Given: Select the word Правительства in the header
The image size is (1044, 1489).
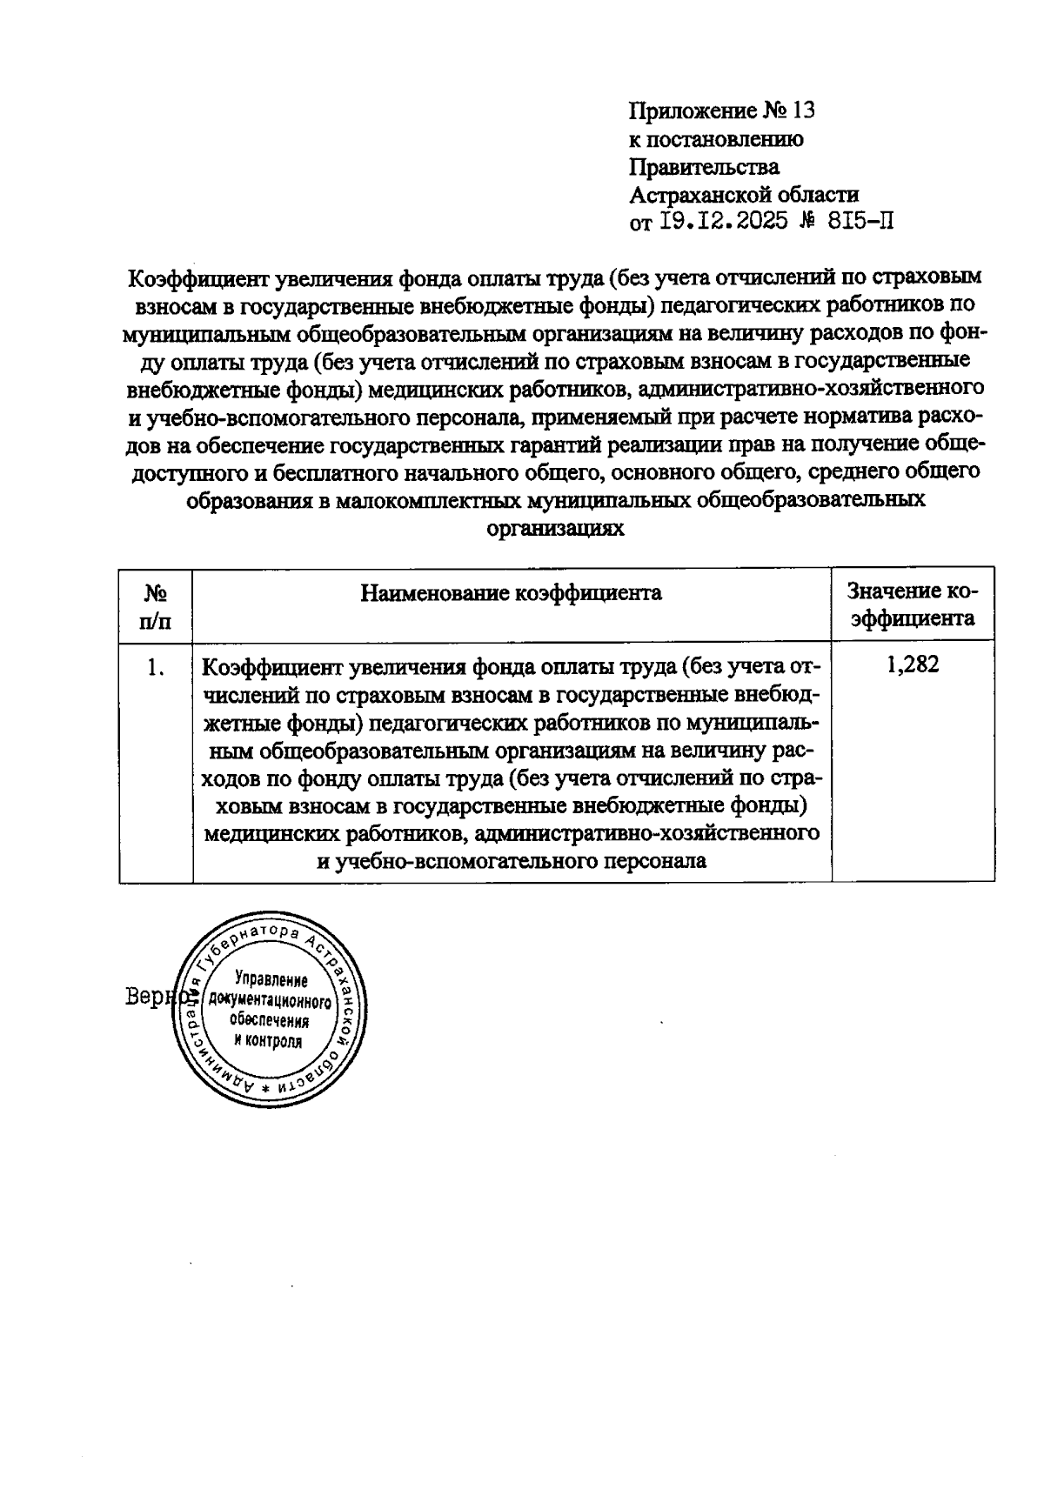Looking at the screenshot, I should [704, 166].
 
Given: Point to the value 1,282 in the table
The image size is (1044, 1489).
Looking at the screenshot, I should [913, 665].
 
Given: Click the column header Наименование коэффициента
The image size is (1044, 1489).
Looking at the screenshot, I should [511, 593].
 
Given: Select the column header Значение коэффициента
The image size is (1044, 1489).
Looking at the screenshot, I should [913, 605].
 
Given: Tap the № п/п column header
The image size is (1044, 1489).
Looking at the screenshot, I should [156, 606].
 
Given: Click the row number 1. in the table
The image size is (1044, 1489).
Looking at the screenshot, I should [156, 667].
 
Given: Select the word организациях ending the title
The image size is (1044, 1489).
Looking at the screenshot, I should [555, 528].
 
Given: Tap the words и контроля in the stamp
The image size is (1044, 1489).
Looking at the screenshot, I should [268, 1041].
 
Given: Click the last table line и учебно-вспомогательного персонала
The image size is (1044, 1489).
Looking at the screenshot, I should [511, 861].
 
